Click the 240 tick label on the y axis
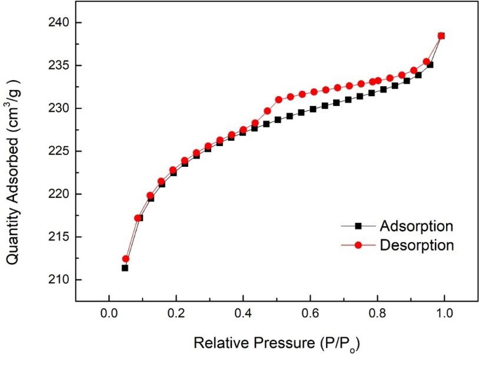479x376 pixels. click(58, 22)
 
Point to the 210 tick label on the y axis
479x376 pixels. click(58, 280)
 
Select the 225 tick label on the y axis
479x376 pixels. click(58, 151)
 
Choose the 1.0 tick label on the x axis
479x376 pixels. click(444, 312)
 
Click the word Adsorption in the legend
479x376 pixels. click(417, 226)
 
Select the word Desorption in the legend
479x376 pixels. click(417, 245)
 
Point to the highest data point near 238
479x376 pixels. click(441, 36)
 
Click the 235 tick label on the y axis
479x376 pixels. click(58, 65)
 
